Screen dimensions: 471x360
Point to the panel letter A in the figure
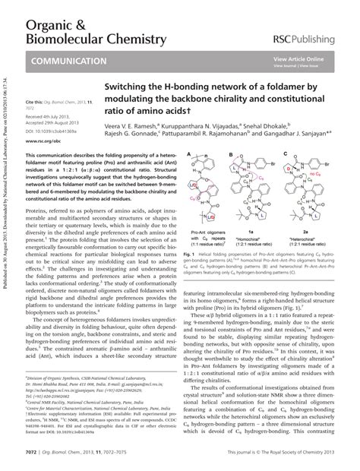(187, 160)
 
